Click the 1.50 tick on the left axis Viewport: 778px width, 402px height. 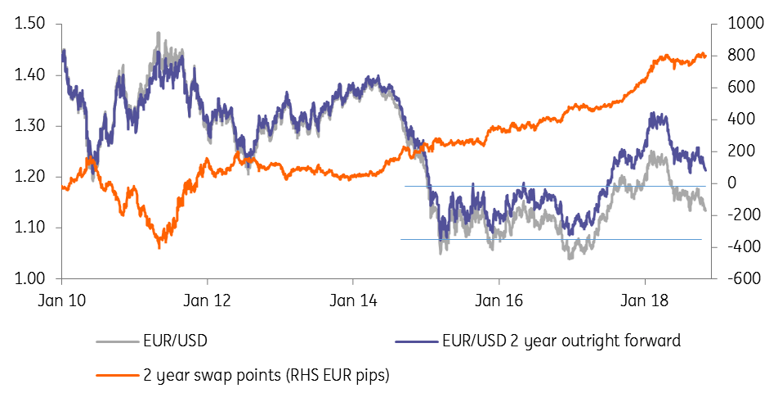pos(29,25)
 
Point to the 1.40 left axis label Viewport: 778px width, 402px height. pos(29,75)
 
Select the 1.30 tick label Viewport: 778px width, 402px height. pos(29,126)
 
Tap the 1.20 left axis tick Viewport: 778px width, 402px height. pos(29,177)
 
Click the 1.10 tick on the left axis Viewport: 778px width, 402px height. pos(29,228)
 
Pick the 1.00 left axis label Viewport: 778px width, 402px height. pos(29,278)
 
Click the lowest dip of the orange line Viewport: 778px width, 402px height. pos(159,246)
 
